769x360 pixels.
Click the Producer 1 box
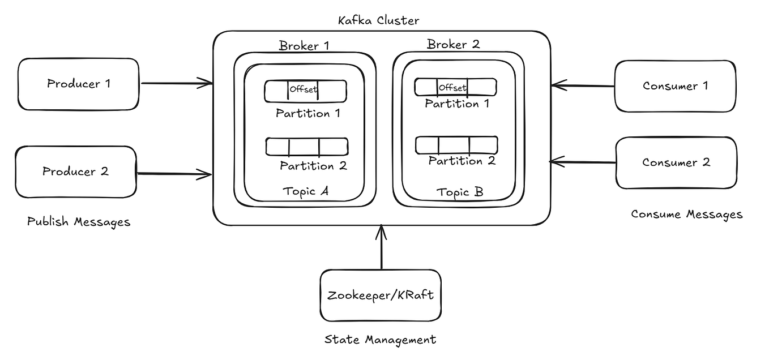point(78,84)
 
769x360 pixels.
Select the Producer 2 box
point(75,172)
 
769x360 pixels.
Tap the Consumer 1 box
point(675,86)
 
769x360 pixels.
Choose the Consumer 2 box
point(676,162)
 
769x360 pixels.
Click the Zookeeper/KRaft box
point(381,295)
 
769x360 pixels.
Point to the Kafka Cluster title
point(378,21)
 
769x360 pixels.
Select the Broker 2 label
point(454,44)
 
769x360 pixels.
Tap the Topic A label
point(306,191)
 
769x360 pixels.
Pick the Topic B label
point(460,192)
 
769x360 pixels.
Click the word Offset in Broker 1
point(304,89)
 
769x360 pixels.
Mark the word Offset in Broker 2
point(452,87)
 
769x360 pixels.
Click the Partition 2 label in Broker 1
point(313,166)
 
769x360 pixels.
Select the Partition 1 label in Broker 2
point(457,104)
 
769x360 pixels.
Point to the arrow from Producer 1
point(176,84)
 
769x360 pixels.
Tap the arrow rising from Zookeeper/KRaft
point(381,247)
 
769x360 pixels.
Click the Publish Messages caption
point(79,222)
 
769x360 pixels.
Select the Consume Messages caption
point(686,215)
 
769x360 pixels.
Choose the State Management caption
point(380,340)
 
